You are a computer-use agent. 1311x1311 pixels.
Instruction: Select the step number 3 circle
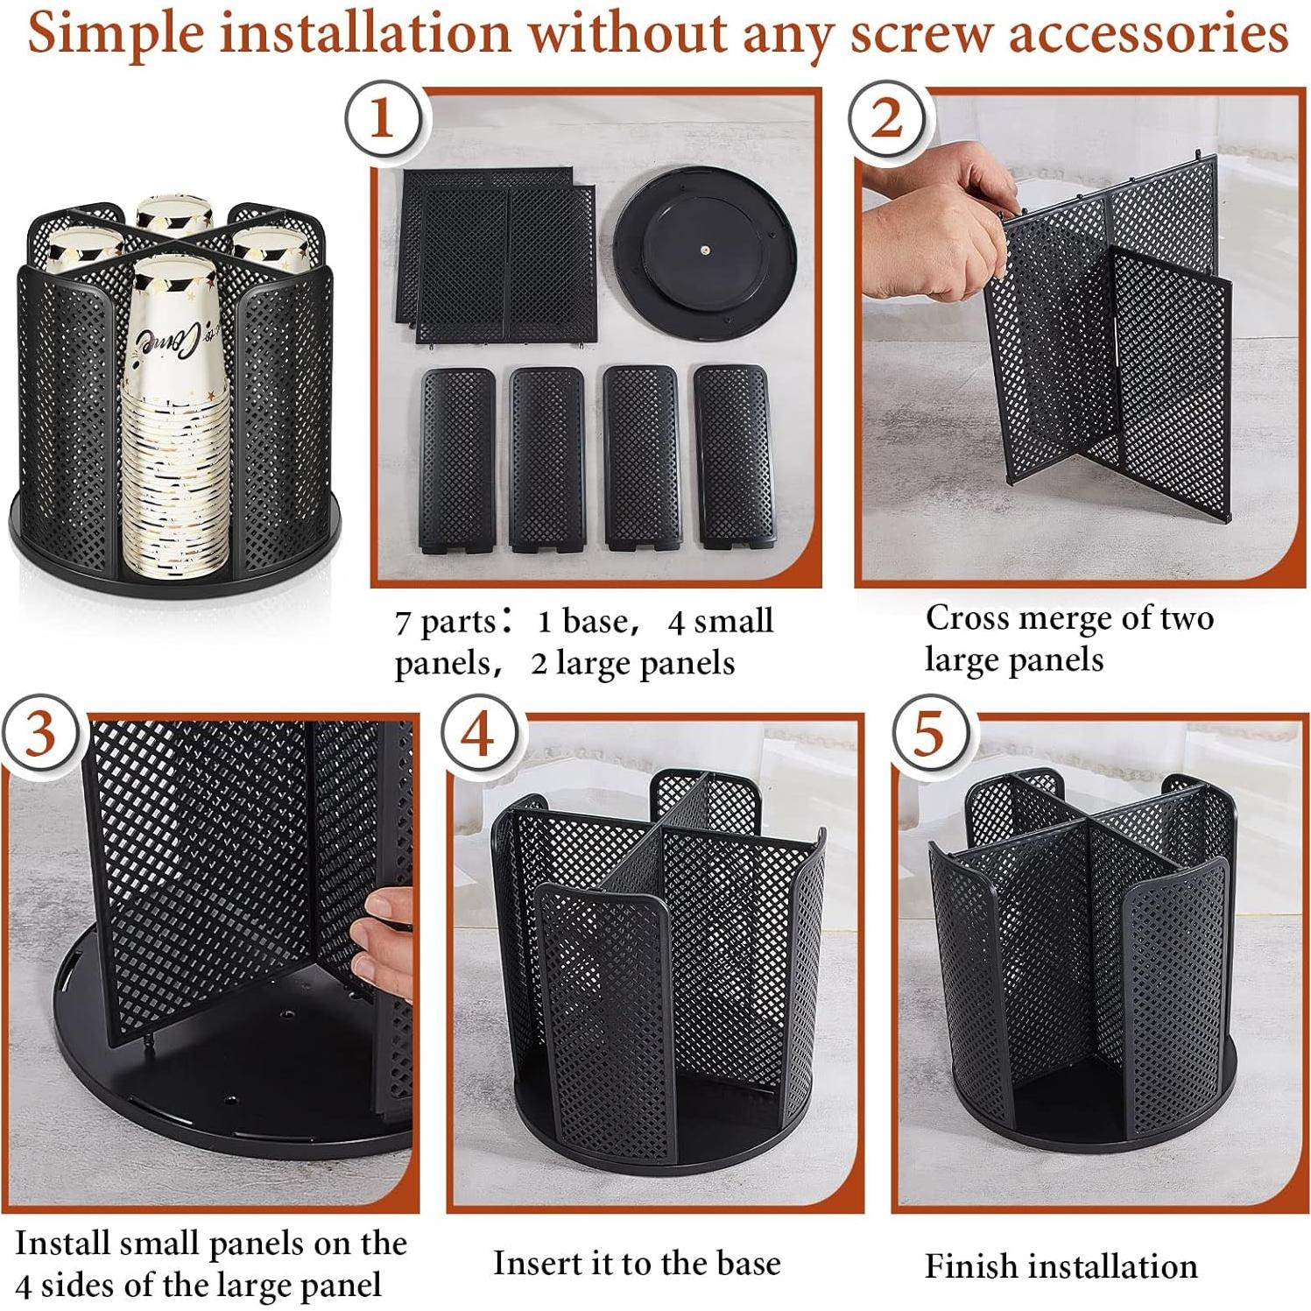click(40, 732)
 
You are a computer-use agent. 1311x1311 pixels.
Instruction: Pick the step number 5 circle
click(929, 732)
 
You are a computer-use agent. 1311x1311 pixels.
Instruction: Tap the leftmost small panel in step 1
click(457, 459)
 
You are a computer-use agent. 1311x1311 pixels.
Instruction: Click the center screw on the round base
click(705, 248)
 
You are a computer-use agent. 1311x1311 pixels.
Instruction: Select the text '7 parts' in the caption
click(445, 623)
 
